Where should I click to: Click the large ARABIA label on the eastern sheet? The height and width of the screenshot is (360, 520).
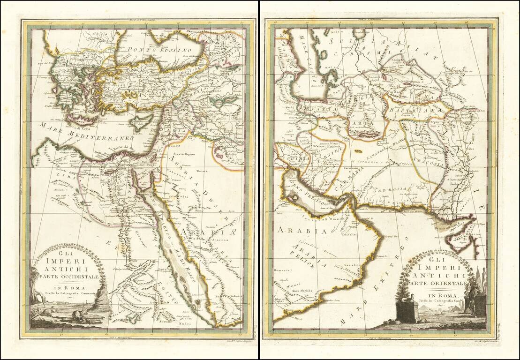pyautogui.click(x=295, y=231)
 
